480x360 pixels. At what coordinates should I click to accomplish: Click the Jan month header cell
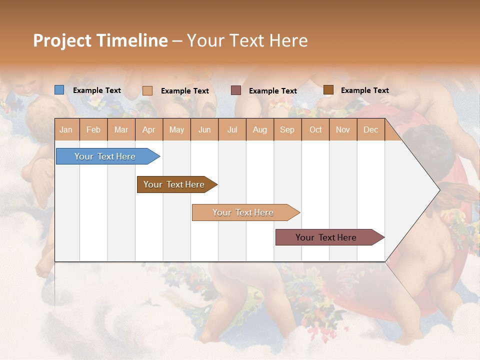click(x=66, y=129)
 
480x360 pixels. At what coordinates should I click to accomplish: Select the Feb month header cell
click(x=93, y=129)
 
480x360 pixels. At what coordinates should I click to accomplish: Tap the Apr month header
click(x=148, y=129)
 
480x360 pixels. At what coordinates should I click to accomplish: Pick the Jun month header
click(x=204, y=129)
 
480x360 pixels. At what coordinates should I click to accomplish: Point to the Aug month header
click(x=259, y=129)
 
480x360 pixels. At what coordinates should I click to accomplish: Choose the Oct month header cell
click(x=315, y=129)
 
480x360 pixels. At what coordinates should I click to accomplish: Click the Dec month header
click(x=370, y=129)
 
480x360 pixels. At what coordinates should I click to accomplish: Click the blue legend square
click(x=59, y=90)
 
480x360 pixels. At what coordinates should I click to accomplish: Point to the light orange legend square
click(x=147, y=90)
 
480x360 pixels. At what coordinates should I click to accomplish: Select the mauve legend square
click(x=236, y=90)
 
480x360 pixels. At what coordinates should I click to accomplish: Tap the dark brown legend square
click(x=328, y=90)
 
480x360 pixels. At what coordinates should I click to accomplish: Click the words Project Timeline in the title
click(x=100, y=40)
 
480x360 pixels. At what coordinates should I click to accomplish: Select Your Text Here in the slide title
click(x=247, y=40)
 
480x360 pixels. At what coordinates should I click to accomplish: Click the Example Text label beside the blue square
click(x=97, y=90)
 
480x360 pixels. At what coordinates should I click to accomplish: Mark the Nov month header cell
click(x=343, y=129)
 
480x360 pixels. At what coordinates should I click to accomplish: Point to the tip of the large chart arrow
click(x=438, y=190)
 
